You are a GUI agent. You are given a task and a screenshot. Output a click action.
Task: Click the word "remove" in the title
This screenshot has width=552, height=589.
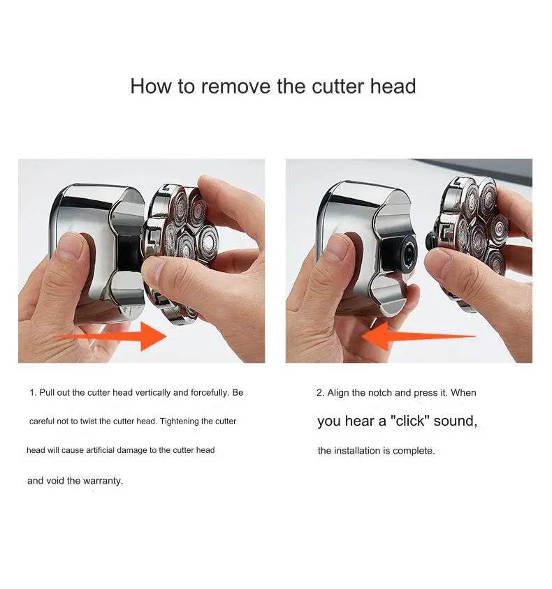235,87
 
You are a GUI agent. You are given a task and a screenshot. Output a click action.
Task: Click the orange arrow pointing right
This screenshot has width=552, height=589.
111,336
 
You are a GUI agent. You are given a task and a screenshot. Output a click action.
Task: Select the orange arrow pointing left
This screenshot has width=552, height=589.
419,336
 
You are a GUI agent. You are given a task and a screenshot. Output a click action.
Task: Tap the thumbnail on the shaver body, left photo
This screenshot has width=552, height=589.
70,247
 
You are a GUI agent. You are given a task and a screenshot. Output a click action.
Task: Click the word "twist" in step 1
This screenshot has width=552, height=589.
88,421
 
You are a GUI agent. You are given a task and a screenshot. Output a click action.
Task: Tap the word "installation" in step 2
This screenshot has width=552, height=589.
357,450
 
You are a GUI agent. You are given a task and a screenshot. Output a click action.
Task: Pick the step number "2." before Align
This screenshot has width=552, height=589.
320,392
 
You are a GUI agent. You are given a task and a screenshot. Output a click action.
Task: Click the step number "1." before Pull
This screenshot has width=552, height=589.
33,392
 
